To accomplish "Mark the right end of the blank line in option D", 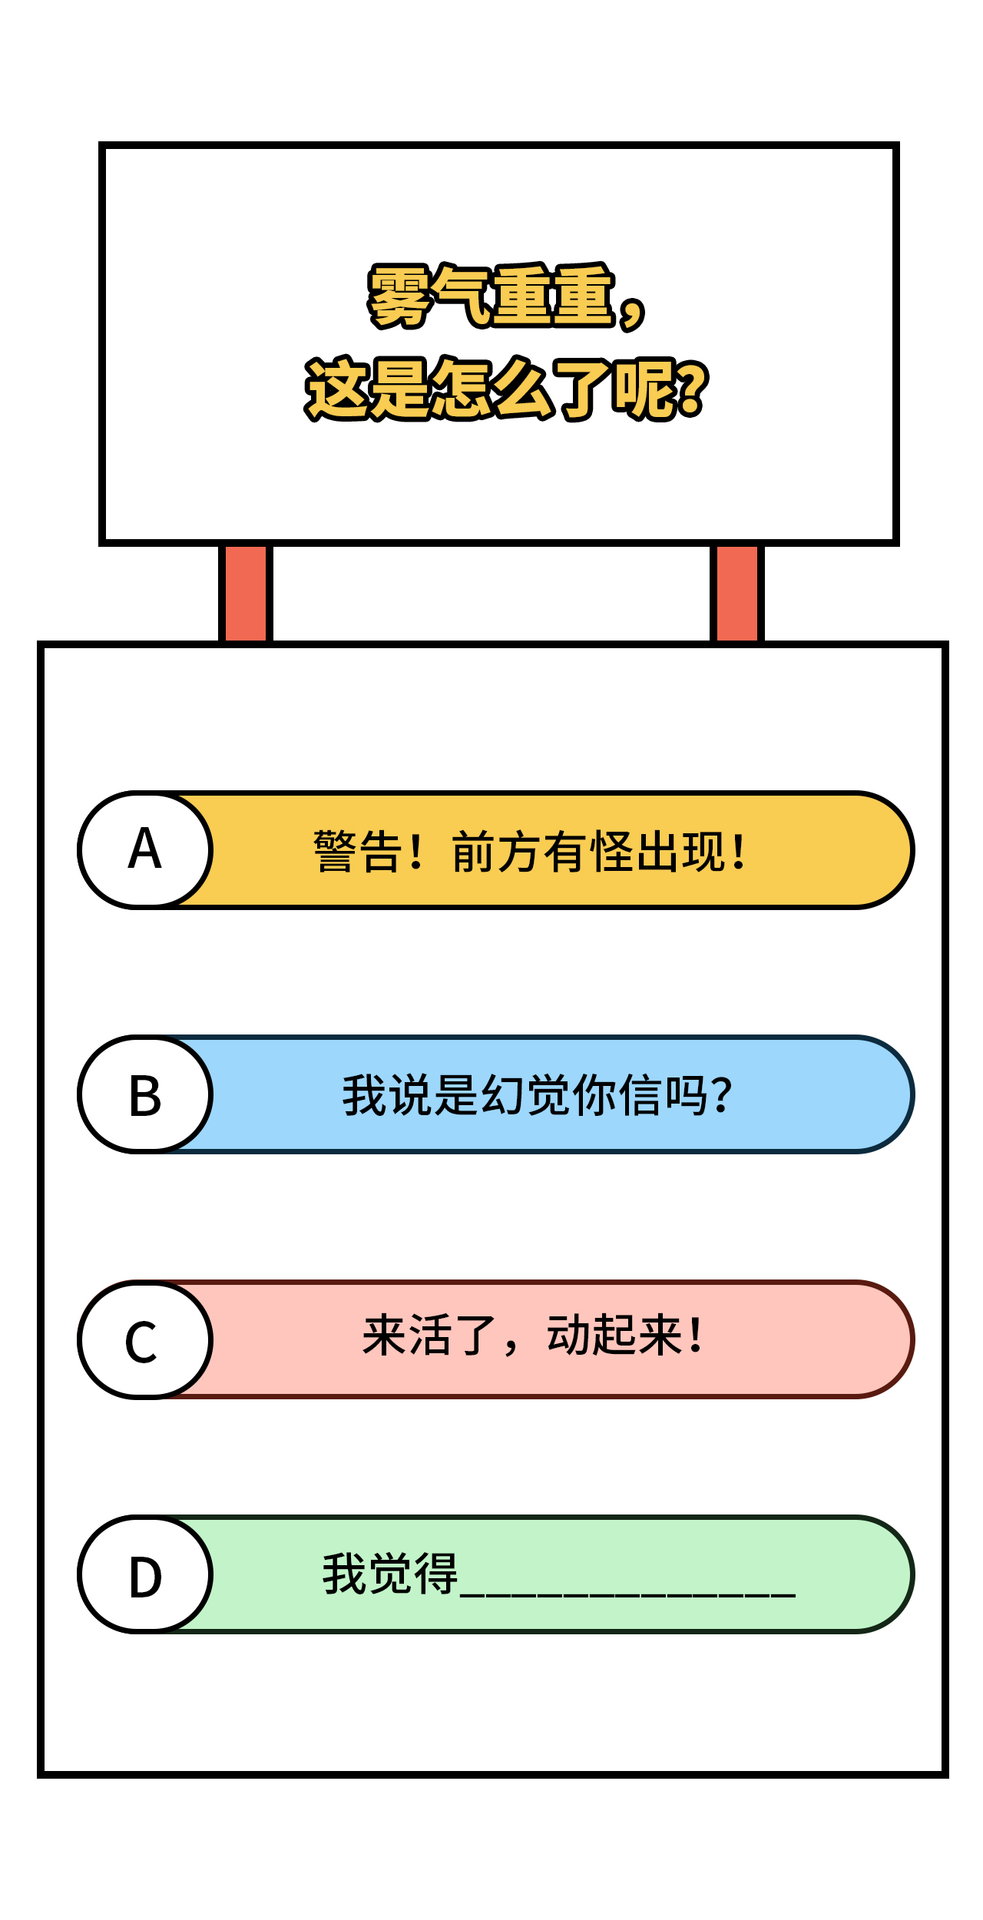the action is pos(796,1596).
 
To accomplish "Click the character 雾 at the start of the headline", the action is pos(399,296).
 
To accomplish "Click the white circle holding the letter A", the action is pos(145,850).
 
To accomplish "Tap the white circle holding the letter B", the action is pos(145,1094).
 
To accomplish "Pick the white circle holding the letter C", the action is pos(145,1339).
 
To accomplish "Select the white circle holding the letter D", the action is pos(145,1574).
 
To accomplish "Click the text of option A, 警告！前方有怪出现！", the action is pos(530,852).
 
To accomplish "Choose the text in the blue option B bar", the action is pos(538,1095).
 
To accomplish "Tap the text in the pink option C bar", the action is pos(532,1336).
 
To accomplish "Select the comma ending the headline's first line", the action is pos(631,312).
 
